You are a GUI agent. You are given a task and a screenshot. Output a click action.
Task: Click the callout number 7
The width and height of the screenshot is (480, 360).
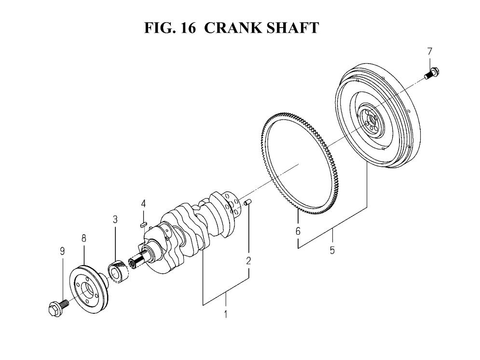(x=429, y=52)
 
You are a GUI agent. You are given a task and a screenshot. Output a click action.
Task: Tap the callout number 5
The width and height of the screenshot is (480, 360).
(x=332, y=250)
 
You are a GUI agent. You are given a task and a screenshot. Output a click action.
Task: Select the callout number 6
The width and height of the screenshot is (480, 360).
(x=298, y=231)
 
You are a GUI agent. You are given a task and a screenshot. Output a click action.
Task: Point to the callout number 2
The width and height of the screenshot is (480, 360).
(x=248, y=261)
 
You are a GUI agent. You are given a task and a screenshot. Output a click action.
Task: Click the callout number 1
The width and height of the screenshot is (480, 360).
(x=226, y=314)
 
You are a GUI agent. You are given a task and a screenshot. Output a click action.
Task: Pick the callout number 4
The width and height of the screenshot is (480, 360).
(x=143, y=203)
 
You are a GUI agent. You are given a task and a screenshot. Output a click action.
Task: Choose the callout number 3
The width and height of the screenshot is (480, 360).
(x=115, y=219)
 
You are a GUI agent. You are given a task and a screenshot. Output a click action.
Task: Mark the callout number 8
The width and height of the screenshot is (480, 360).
(x=83, y=238)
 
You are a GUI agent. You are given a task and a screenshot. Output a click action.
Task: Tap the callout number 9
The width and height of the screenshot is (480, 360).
(x=62, y=251)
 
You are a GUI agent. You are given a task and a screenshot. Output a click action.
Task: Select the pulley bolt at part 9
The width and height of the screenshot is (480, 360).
(x=58, y=307)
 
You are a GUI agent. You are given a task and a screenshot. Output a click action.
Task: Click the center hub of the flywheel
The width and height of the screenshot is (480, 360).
(x=371, y=120)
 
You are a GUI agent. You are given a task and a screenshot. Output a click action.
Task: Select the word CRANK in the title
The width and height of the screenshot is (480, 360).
(x=233, y=27)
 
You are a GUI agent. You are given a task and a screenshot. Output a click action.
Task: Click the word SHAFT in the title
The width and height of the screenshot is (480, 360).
(x=293, y=27)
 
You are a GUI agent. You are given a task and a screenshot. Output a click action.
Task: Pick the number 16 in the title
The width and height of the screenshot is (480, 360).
(x=188, y=27)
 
